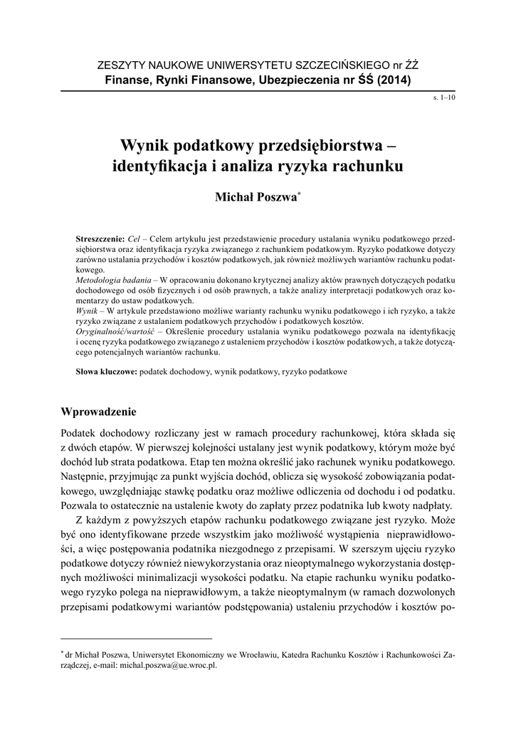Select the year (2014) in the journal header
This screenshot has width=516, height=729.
[x=391, y=80]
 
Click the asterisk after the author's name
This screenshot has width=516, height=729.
[x=299, y=194]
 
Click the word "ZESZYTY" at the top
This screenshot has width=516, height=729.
[x=120, y=66]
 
